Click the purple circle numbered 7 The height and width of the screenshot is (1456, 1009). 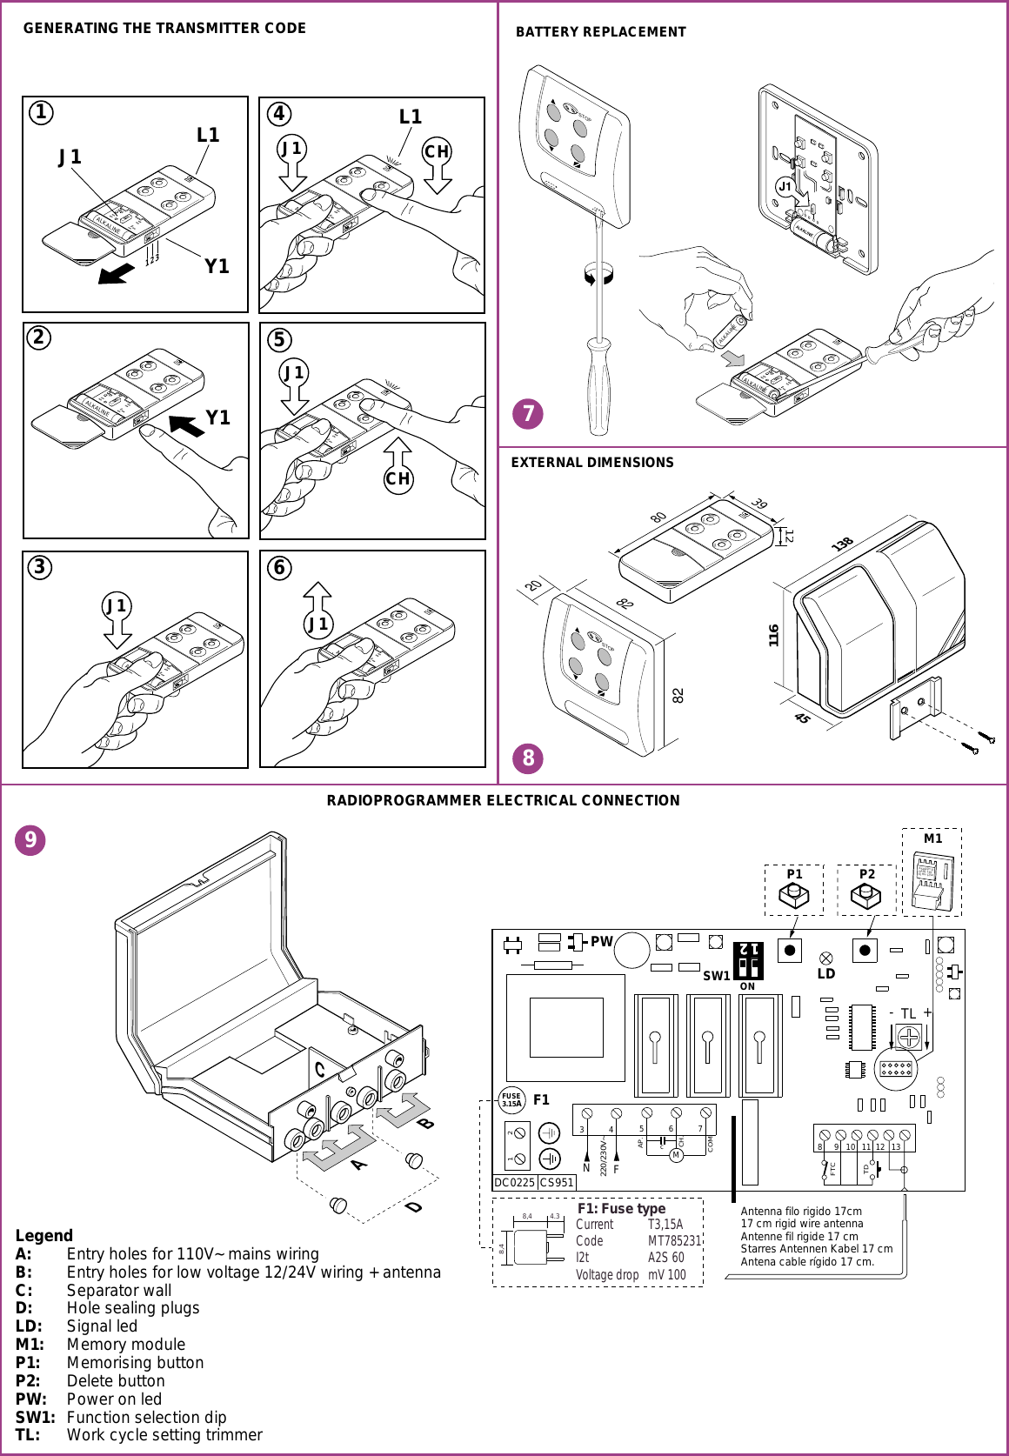tap(528, 413)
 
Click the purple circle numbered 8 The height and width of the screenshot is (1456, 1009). tap(528, 758)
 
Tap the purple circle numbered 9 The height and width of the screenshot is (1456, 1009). tap(30, 840)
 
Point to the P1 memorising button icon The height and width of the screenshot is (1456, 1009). tap(794, 895)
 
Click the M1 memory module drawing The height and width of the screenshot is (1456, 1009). tap(932, 880)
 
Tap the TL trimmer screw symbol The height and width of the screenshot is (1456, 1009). tap(908, 1038)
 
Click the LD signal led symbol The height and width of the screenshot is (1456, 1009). tap(826, 958)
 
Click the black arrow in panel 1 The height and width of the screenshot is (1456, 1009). tap(117, 274)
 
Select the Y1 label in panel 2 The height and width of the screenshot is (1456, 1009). tap(217, 418)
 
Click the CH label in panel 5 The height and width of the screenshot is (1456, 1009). tap(398, 479)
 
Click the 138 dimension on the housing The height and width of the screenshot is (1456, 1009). tap(841, 544)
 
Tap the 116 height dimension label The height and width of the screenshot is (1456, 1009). tap(773, 635)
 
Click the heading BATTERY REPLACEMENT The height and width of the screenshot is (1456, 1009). tap(600, 32)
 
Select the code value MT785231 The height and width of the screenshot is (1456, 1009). tap(674, 1241)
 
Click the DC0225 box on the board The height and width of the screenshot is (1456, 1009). tap(514, 1183)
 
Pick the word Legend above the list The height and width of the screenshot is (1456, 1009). tap(44, 1236)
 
